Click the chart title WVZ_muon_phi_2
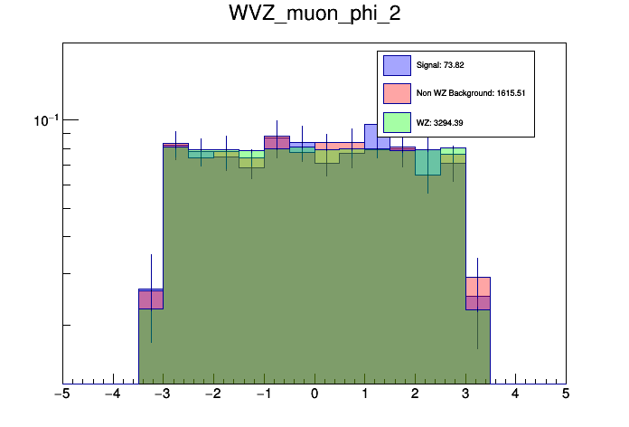pyautogui.click(x=314, y=18)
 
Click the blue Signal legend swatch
pyautogui.click(x=398, y=65)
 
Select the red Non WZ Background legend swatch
pyautogui.click(x=398, y=93)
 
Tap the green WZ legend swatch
pyautogui.click(x=398, y=121)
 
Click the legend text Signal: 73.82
pyautogui.click(x=440, y=65)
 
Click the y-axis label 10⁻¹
pyautogui.click(x=45, y=119)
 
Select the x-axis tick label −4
pyautogui.click(x=112, y=394)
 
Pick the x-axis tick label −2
pyautogui.click(x=212, y=394)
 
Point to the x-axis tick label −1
pyautogui.click(x=263, y=394)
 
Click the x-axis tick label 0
pyautogui.click(x=314, y=394)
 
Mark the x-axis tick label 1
pyautogui.click(x=365, y=394)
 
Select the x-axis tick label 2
pyautogui.click(x=415, y=394)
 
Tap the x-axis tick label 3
pyautogui.click(x=465, y=394)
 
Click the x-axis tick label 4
pyautogui.click(x=515, y=394)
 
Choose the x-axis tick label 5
pyautogui.click(x=566, y=394)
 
